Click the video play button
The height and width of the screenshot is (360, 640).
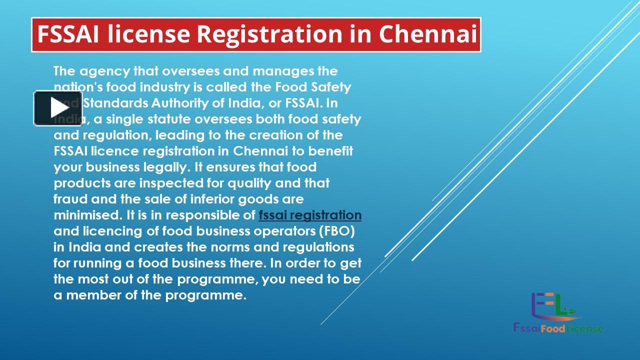click(x=58, y=108)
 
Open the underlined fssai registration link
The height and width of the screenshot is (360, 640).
click(x=310, y=215)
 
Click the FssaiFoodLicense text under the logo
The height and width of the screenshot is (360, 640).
click(x=558, y=328)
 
